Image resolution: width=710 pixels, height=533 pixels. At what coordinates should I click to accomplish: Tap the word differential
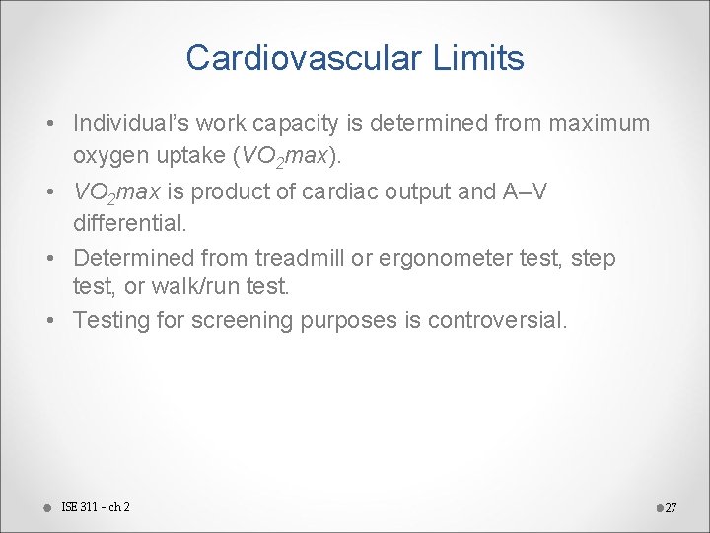(x=129, y=224)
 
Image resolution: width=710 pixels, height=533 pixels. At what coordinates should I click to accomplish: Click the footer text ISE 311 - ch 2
(x=96, y=507)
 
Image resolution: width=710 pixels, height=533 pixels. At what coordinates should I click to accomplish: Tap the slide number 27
(x=671, y=508)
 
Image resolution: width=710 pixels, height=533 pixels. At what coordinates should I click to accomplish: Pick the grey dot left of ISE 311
(x=46, y=507)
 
